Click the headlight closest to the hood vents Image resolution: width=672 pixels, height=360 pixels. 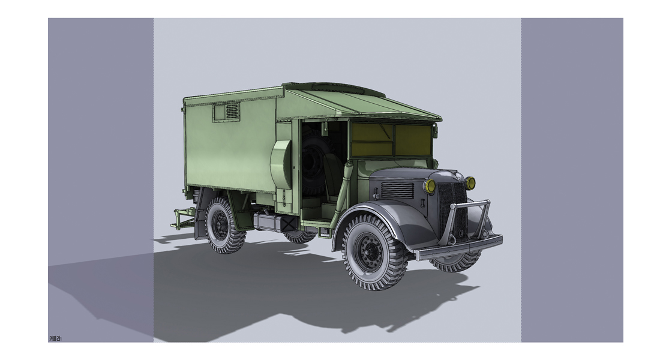(x=430, y=186)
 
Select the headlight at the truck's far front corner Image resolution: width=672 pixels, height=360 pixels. (x=470, y=182)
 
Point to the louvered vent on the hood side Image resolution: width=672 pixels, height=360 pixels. (x=397, y=190)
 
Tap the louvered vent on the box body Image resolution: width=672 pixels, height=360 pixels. (x=228, y=111)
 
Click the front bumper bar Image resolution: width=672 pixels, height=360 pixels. (x=459, y=246)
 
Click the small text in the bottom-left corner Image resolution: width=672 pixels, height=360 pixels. (x=55, y=339)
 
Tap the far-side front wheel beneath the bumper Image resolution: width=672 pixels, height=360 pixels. (x=459, y=262)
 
